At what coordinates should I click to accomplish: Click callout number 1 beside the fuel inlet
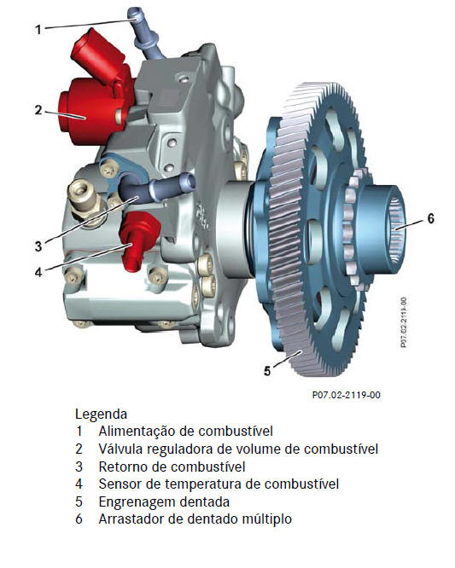click(38, 29)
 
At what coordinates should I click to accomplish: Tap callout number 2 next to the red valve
click(38, 110)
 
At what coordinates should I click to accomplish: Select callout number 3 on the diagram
click(38, 246)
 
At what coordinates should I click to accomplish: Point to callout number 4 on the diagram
click(38, 272)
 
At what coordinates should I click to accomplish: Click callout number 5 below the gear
click(267, 371)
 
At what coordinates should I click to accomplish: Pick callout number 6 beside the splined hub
click(431, 218)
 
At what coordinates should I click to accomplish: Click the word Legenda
click(101, 414)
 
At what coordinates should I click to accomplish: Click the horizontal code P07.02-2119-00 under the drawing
click(347, 395)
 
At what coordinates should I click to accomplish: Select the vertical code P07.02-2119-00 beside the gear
click(404, 322)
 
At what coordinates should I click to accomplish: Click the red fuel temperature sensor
click(139, 239)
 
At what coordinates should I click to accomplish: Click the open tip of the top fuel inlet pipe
click(133, 12)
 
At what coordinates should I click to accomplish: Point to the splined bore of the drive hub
click(397, 229)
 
